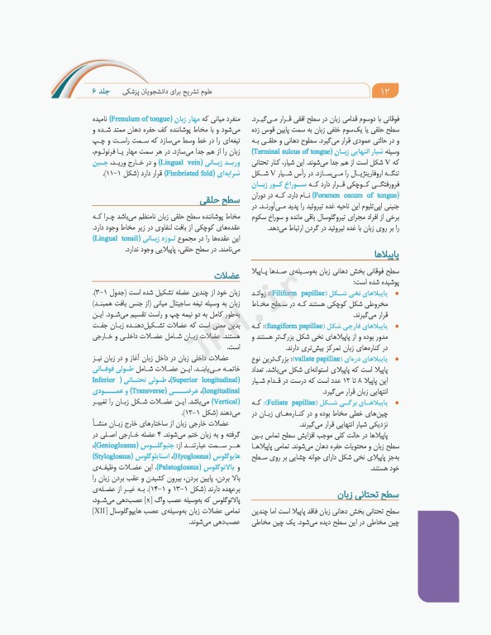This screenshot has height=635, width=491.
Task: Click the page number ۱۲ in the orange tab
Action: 384,88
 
